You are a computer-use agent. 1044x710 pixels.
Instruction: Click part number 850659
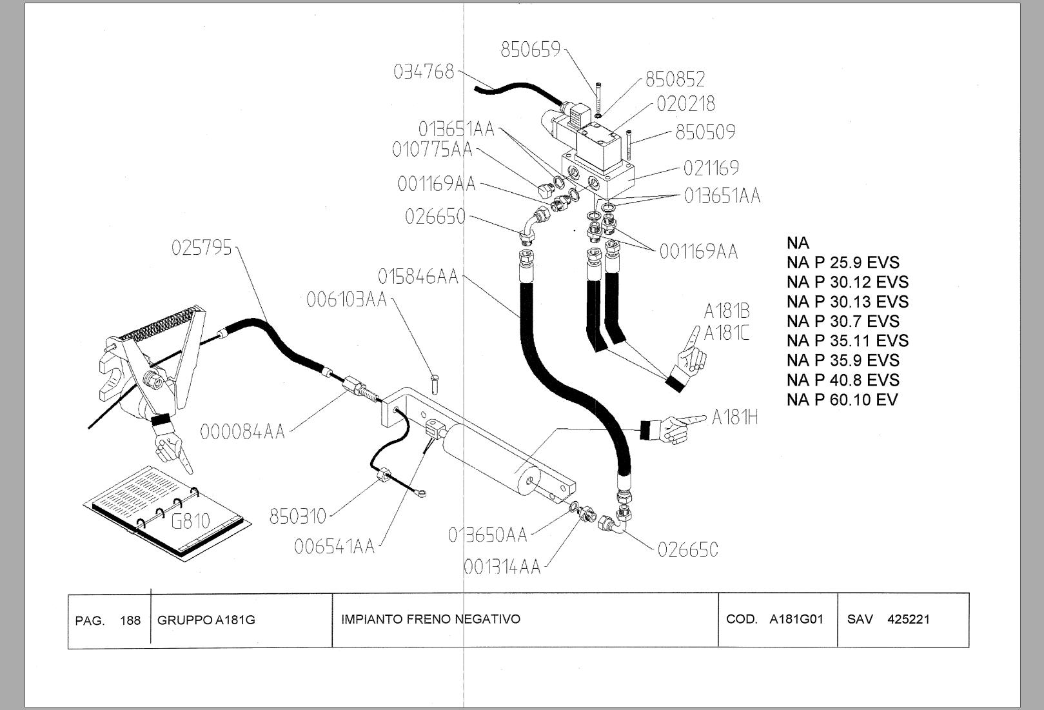pyautogui.click(x=531, y=50)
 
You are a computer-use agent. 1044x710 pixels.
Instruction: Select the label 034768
pyautogui.click(x=424, y=72)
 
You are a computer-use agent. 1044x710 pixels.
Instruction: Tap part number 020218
pyautogui.click(x=685, y=104)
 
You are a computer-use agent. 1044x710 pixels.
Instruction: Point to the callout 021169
pyautogui.click(x=711, y=168)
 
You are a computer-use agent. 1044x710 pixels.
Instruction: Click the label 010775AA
pyautogui.click(x=432, y=150)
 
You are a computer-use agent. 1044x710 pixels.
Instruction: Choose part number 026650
pyautogui.click(x=435, y=217)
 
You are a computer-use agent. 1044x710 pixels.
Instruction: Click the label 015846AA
pyautogui.click(x=418, y=277)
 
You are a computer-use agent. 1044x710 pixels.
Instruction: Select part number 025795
pyautogui.click(x=201, y=248)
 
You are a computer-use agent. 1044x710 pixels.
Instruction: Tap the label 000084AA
pyautogui.click(x=242, y=431)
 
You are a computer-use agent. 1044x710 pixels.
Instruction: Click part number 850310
pyautogui.click(x=297, y=516)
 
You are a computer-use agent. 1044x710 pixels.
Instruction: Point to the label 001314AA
pyautogui.click(x=502, y=567)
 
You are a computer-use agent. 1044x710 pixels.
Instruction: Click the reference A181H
pyautogui.click(x=734, y=418)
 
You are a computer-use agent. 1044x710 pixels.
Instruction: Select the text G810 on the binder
pyautogui.click(x=190, y=520)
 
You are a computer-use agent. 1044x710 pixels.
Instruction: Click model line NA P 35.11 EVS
pyautogui.click(x=847, y=340)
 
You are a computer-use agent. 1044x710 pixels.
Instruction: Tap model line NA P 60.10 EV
pyautogui.click(x=842, y=400)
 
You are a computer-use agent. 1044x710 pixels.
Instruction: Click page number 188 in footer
pyautogui.click(x=130, y=620)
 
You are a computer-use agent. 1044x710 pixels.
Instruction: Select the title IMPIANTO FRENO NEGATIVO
pyautogui.click(x=430, y=619)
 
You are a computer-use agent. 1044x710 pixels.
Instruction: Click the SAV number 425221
pyautogui.click(x=908, y=619)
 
